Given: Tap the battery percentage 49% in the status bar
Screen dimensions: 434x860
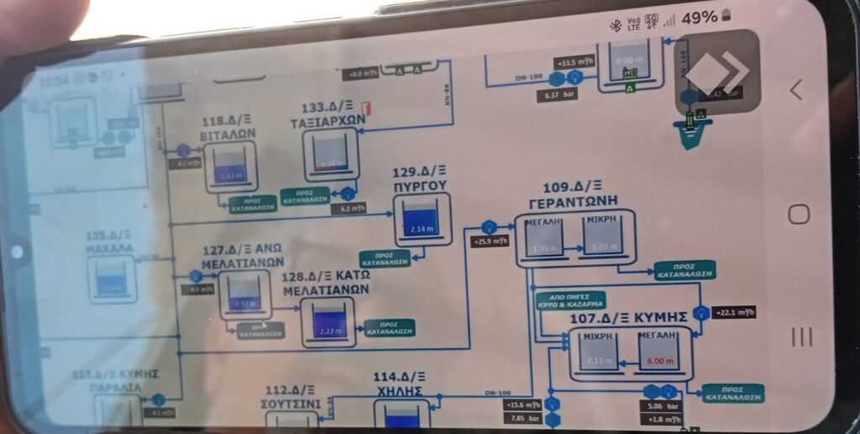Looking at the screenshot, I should [x=699, y=18].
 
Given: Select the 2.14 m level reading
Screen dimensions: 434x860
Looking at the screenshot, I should [x=421, y=228].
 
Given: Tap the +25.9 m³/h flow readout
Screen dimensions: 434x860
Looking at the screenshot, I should [x=491, y=242].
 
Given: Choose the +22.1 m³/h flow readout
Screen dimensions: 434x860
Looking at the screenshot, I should [x=734, y=313].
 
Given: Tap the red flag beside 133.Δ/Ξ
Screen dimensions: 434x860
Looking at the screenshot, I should [x=365, y=107].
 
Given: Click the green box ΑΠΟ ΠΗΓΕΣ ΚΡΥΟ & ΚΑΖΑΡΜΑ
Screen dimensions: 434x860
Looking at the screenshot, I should [x=569, y=301].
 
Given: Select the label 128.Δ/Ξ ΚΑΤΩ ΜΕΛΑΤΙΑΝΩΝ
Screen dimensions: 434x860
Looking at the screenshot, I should [x=326, y=283].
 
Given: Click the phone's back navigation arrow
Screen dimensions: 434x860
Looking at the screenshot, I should [x=796, y=90].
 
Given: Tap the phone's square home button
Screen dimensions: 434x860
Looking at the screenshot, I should [x=799, y=214].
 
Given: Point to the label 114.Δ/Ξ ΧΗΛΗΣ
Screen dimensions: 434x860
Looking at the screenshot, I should [x=399, y=384].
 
